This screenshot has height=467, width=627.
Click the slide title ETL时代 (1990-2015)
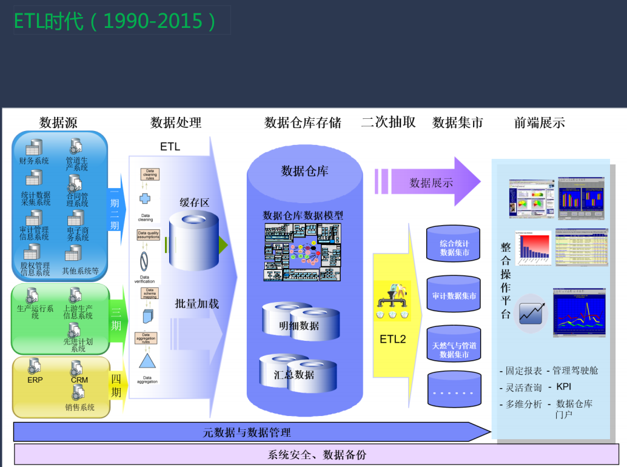click(x=115, y=21)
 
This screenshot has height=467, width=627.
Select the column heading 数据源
click(x=58, y=123)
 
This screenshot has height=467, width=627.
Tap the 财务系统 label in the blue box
click(x=34, y=161)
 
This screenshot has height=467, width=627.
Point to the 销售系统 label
click(x=80, y=408)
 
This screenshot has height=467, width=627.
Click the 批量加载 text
click(x=196, y=304)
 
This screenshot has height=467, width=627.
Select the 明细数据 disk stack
click(x=299, y=324)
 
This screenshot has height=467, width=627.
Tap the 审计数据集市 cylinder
click(x=454, y=296)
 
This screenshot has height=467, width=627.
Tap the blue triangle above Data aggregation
click(x=147, y=361)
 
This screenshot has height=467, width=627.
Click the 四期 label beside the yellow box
click(x=116, y=386)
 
